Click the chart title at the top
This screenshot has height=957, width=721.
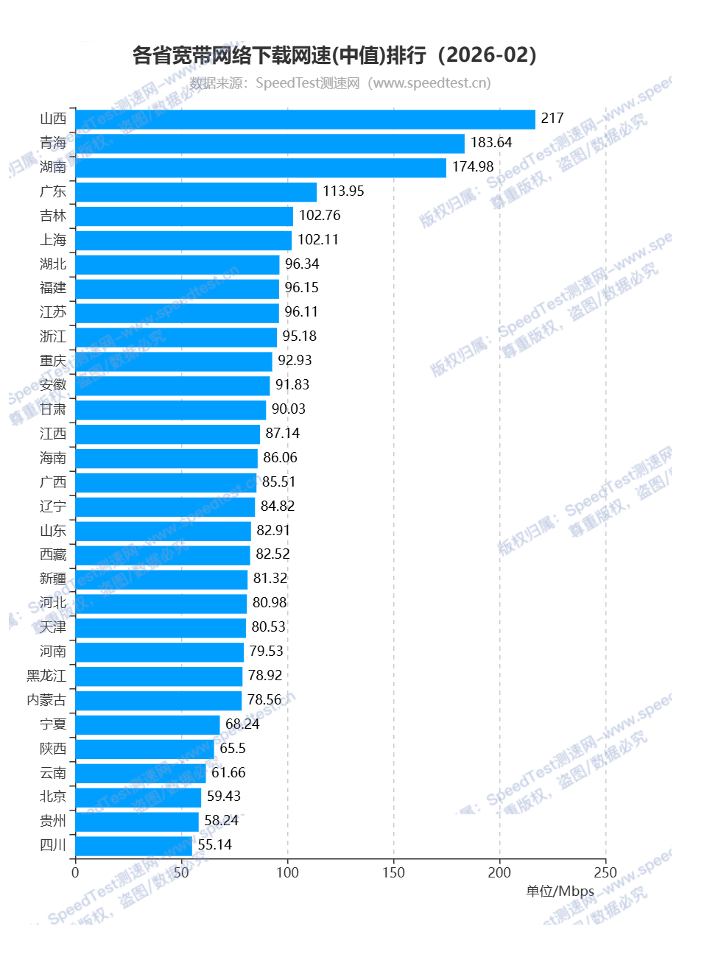(x=335, y=55)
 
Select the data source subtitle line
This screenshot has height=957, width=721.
(x=340, y=83)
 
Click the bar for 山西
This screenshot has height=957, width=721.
(x=305, y=119)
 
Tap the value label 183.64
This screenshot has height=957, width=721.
(x=491, y=143)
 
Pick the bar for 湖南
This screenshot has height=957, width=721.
(x=261, y=167)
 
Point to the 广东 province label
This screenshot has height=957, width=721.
(x=53, y=191)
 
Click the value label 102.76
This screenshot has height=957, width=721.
(x=320, y=216)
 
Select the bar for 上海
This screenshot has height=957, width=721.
(x=183, y=240)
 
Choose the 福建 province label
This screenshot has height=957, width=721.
(x=53, y=288)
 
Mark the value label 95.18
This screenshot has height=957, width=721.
(x=299, y=336)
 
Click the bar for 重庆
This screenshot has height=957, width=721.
(x=174, y=361)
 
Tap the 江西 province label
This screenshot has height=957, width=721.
(x=53, y=434)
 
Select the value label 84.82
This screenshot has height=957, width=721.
(x=278, y=506)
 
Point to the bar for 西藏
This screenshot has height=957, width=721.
(x=163, y=554)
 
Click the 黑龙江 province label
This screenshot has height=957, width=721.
(x=46, y=676)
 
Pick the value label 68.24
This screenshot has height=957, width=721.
(x=242, y=724)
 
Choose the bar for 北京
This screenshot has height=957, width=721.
(x=138, y=797)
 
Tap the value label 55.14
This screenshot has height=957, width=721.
(x=214, y=845)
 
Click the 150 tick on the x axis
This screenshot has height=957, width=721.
(x=393, y=873)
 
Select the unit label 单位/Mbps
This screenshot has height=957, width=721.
(x=560, y=891)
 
